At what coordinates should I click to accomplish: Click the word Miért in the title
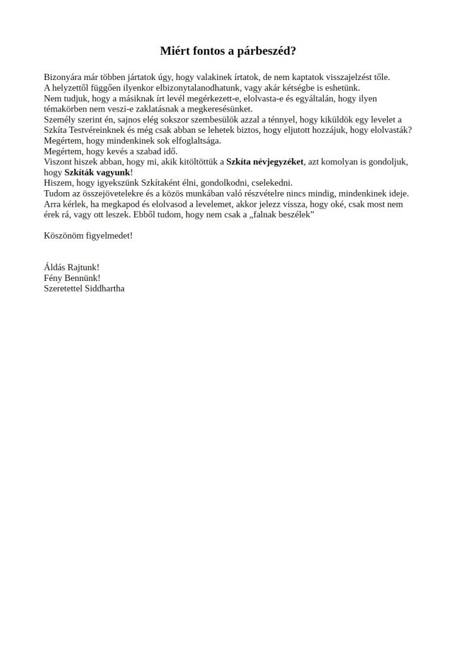[174, 50]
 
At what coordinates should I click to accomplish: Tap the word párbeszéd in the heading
[269, 50]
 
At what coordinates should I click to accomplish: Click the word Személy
[60, 120]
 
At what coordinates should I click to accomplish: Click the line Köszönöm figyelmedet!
[88, 236]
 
